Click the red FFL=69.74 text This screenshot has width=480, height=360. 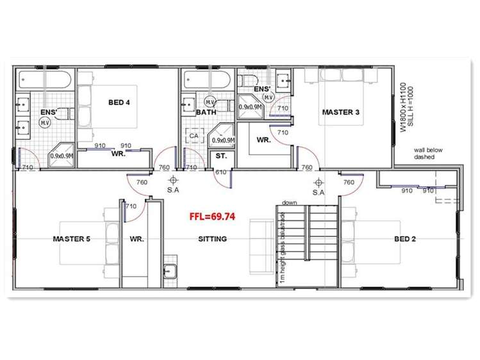(x=212, y=217)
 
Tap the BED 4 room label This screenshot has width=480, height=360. (x=120, y=102)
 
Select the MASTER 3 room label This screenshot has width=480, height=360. (x=340, y=112)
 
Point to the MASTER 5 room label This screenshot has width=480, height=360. (x=71, y=239)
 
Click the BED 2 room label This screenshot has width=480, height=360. (x=405, y=239)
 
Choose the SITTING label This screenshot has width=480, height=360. (x=212, y=239)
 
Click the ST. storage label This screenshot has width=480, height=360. (x=221, y=156)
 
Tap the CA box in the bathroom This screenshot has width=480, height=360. (x=194, y=136)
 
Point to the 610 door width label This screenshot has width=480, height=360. (x=220, y=172)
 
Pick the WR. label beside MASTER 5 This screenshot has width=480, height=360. (x=135, y=239)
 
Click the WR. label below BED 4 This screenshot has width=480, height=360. (x=117, y=154)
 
